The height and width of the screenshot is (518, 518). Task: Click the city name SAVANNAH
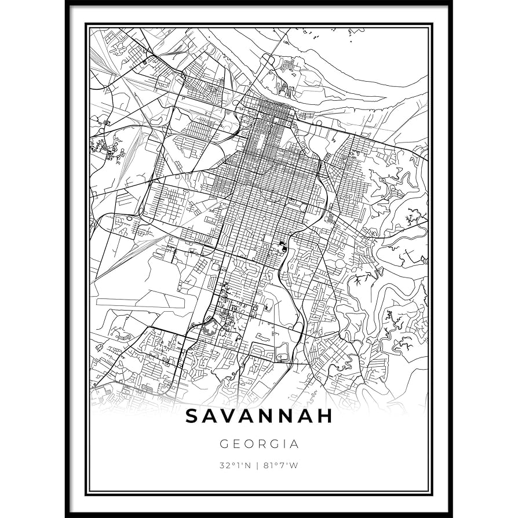pos(259,416)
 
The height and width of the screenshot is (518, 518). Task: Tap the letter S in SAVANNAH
pos(192,416)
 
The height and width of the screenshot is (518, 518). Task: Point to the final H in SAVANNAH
pos(325,416)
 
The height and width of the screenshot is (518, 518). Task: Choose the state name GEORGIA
pos(259,444)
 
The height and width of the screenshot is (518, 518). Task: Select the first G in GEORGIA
pos(224,444)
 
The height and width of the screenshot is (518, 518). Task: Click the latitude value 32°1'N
pos(235,465)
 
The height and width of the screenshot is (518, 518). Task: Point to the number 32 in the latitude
pos(224,465)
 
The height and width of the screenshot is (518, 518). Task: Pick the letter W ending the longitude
pos(294,465)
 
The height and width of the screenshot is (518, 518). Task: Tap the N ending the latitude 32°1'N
pos(247,465)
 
